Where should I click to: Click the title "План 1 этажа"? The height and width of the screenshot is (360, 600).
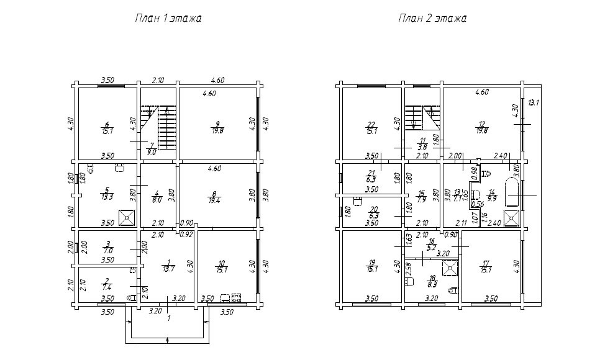[168, 19]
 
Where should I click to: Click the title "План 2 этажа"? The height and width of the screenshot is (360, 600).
[432, 19]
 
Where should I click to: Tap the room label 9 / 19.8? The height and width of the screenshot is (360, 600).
[217, 127]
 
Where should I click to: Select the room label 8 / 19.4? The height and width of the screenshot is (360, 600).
[217, 197]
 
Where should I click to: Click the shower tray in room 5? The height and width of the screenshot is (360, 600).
[127, 216]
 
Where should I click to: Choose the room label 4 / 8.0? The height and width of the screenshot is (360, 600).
[157, 197]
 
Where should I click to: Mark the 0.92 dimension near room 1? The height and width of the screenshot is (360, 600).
[186, 235]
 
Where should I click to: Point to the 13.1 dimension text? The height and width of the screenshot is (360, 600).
[533, 102]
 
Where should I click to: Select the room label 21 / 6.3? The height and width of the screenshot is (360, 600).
[371, 176]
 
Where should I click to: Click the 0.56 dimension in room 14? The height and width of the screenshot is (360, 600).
[477, 204]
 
